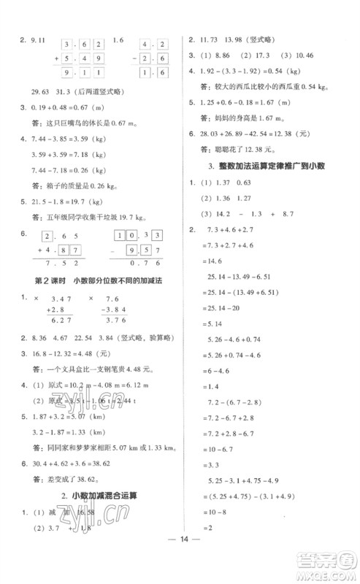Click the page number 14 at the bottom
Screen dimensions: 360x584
click(x=179, y=563)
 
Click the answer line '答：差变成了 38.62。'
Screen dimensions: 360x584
click(x=68, y=479)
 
